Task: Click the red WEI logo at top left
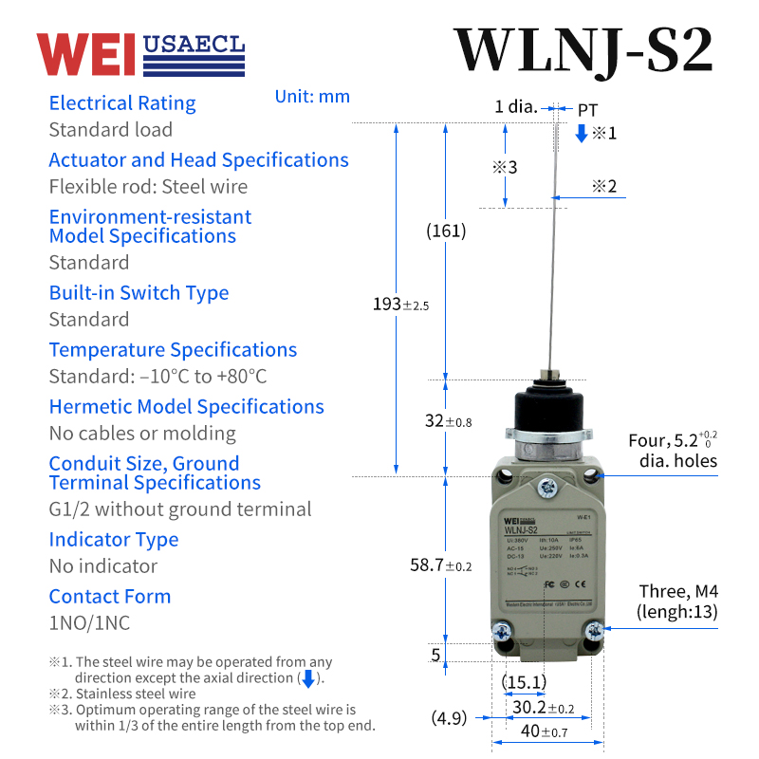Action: point(86,54)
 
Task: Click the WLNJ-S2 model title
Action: point(583,49)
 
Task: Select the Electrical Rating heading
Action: point(122,103)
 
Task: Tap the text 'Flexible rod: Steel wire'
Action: point(148,187)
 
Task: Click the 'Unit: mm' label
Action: point(312,97)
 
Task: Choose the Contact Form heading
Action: point(110,597)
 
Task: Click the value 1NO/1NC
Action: point(89,623)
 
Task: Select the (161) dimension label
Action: point(446,231)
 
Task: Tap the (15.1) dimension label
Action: point(524,682)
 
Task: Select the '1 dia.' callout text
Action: point(516,107)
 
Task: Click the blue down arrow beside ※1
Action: point(582,134)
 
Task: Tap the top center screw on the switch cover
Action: point(546,489)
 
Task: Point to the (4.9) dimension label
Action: point(449,718)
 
